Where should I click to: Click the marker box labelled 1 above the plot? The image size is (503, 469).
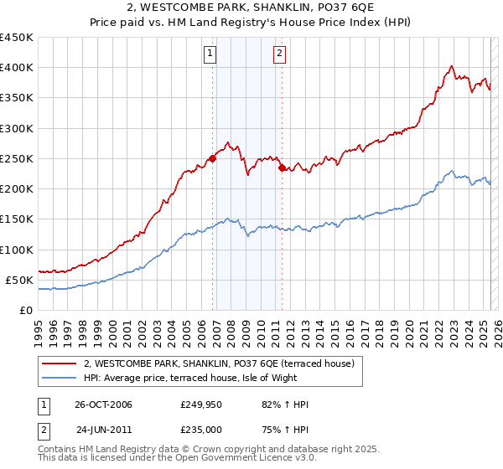(210, 55)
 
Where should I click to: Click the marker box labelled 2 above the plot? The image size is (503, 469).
(278, 55)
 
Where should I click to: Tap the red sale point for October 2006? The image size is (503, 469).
(213, 157)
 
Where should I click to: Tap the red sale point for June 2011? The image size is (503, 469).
(282, 167)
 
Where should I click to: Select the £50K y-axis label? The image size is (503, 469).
(20, 280)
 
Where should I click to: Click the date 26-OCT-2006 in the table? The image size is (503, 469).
(104, 405)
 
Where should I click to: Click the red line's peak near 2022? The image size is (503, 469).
(451, 66)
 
